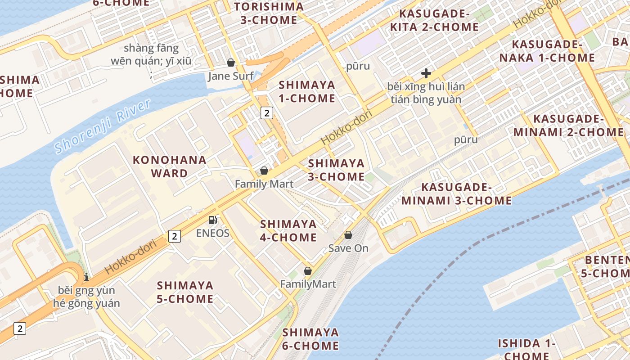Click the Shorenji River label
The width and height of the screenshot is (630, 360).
[102, 126]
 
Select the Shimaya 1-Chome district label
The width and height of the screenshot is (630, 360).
[307, 91]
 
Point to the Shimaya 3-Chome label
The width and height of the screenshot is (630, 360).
[336, 170]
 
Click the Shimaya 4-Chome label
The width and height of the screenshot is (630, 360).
[288, 230]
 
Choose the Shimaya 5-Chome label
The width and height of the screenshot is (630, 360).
[185, 292]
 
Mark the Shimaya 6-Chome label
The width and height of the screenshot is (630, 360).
[310, 339]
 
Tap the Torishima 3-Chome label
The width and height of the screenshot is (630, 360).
[269, 13]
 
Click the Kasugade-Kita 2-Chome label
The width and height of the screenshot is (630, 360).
[434, 20]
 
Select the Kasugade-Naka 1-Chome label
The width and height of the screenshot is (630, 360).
[547, 51]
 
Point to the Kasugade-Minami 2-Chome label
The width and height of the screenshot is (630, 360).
[568, 126]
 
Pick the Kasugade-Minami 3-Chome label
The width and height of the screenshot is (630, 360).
[456, 194]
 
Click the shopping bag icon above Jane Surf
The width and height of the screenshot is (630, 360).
[231, 63]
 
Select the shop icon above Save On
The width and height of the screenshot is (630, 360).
[348, 235]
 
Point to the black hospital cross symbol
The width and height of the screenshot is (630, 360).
[426, 73]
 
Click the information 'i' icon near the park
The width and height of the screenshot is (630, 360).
[86, 277]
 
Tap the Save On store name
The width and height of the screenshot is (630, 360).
[348, 248]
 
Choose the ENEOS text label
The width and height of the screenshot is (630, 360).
[213, 233]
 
